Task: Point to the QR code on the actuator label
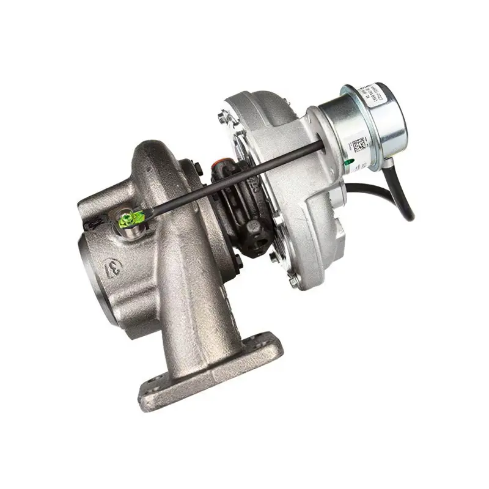358,145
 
